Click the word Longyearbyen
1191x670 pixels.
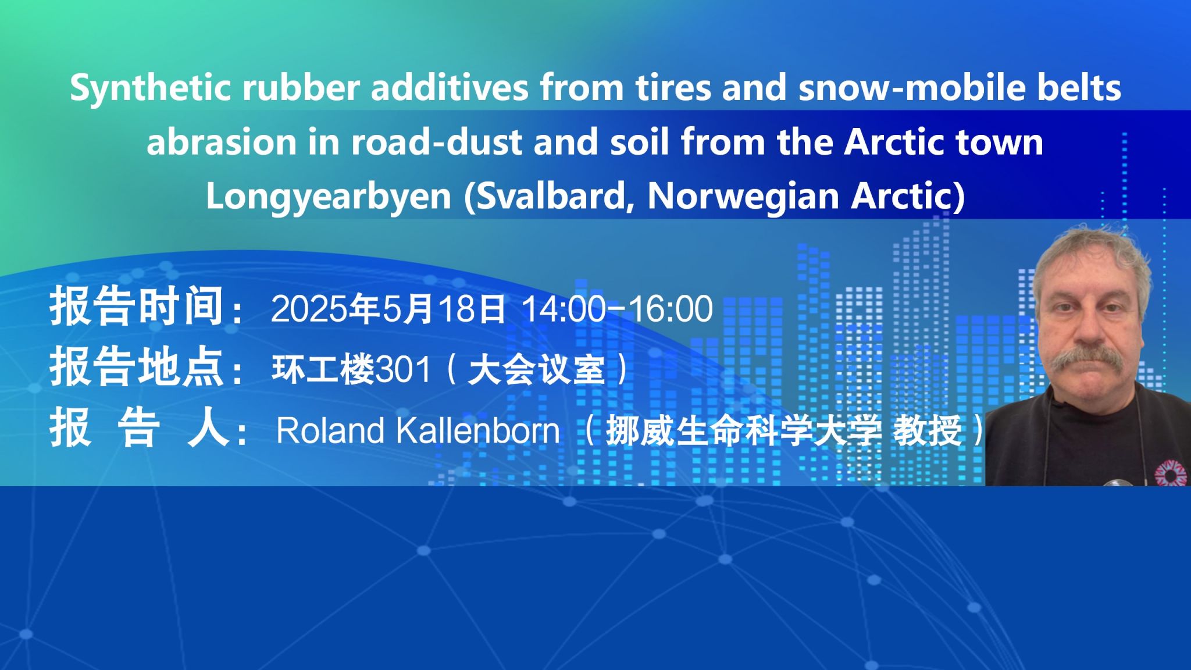[329, 197]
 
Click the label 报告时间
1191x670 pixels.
[137, 307]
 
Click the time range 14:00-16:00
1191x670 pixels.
[618, 309]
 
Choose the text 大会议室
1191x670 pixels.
[536, 369]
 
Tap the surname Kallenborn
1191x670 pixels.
[478, 430]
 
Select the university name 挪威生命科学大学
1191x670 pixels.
[744, 431]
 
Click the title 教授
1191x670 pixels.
[928, 431]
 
